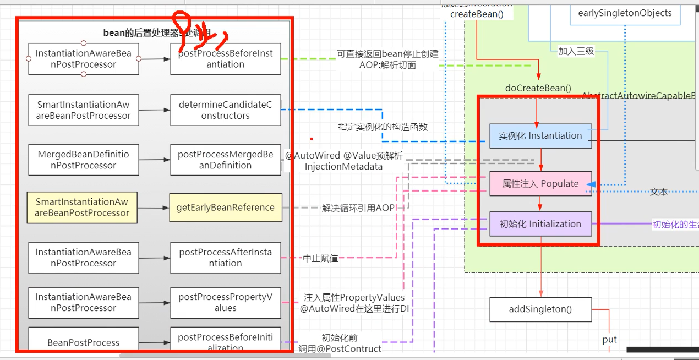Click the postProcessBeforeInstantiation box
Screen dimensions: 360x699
pos(226,59)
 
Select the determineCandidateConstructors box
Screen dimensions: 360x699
pos(226,110)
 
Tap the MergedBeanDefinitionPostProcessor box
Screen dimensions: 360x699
pos(83,160)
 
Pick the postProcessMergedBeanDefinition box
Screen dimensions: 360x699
pos(226,160)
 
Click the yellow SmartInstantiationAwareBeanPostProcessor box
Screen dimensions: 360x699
pos(81,208)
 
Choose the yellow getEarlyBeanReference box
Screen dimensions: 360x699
pos(226,208)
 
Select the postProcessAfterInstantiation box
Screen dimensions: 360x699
pos(226,258)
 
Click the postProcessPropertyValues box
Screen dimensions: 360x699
pos(226,302)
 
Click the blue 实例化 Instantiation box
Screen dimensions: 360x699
pos(540,136)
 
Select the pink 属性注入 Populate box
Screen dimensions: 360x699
pos(540,184)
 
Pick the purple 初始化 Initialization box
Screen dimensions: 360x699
pos(540,224)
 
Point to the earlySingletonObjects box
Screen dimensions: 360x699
pos(625,13)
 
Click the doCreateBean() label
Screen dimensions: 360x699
pos(538,88)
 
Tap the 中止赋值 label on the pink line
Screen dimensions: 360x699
pos(321,258)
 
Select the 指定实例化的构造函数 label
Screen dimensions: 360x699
pos(383,127)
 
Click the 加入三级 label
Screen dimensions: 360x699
pos(576,51)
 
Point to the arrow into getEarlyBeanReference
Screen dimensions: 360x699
pos(154,208)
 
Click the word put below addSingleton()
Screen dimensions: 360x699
pos(609,340)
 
